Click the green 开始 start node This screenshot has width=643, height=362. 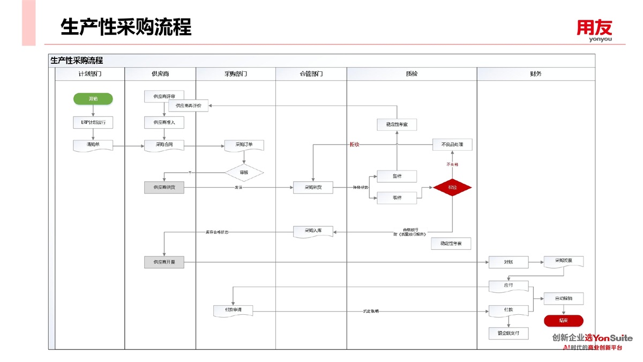93,99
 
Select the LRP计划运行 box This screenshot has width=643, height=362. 93,122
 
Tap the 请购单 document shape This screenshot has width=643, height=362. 93,145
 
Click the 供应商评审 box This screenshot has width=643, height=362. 164,96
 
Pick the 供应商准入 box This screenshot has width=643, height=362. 164,122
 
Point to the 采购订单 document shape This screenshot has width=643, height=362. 244,145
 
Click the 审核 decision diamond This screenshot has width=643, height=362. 244,173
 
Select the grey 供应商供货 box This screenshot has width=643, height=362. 164,188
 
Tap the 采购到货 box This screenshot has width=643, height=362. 312,188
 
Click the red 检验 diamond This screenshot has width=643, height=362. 452,187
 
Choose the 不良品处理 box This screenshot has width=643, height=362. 452,145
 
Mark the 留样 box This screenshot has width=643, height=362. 397,176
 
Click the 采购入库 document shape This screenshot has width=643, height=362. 313,231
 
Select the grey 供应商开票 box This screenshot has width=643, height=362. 164,262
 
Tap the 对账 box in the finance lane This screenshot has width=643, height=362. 508,262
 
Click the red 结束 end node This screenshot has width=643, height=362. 563,321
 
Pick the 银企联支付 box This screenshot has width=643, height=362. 508,333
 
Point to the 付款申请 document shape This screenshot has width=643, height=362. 233,311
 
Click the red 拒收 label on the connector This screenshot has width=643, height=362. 354,144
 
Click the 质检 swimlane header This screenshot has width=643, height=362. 412,74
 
